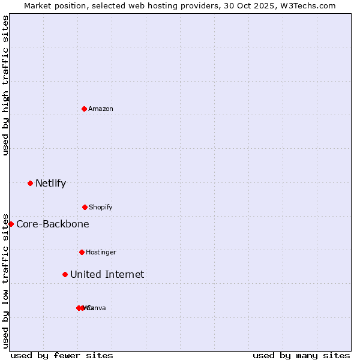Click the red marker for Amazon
(x=85, y=109)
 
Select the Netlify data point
(x=30, y=183)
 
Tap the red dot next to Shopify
(x=85, y=207)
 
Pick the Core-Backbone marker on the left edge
(x=11, y=224)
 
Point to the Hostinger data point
(x=82, y=252)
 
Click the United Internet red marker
(x=65, y=274)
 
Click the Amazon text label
(x=101, y=109)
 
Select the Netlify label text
(x=50, y=183)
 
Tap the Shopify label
(x=101, y=207)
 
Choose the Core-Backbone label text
(x=53, y=224)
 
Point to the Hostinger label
(x=101, y=252)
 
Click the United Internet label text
(x=107, y=274)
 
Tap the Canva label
(x=97, y=308)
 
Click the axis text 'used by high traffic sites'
(x=5, y=85)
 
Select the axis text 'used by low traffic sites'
(x=5, y=281)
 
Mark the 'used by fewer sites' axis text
(x=62, y=355)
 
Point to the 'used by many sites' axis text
(x=301, y=355)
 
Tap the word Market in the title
(x=38, y=5)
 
